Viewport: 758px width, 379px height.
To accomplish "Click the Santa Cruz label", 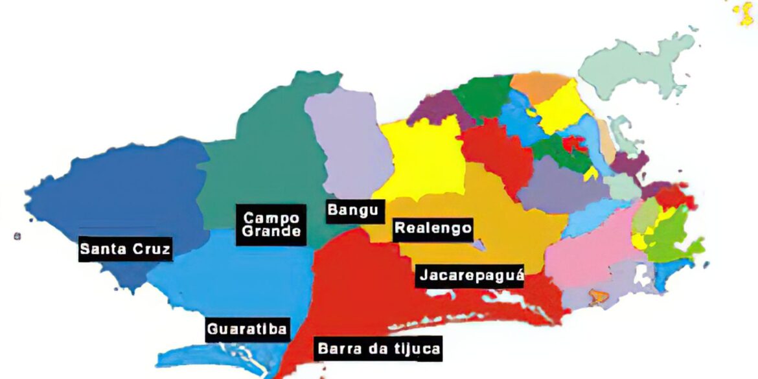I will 126,248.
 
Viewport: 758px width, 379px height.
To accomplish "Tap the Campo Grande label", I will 271,224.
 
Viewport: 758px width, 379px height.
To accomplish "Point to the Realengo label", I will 433,228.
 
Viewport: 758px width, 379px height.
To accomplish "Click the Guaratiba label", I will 247,329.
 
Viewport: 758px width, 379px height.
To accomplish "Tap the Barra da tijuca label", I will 379,350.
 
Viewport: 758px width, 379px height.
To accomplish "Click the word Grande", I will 271,231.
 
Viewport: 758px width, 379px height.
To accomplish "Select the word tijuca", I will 418,350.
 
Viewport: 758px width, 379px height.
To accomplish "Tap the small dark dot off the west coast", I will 17,236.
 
